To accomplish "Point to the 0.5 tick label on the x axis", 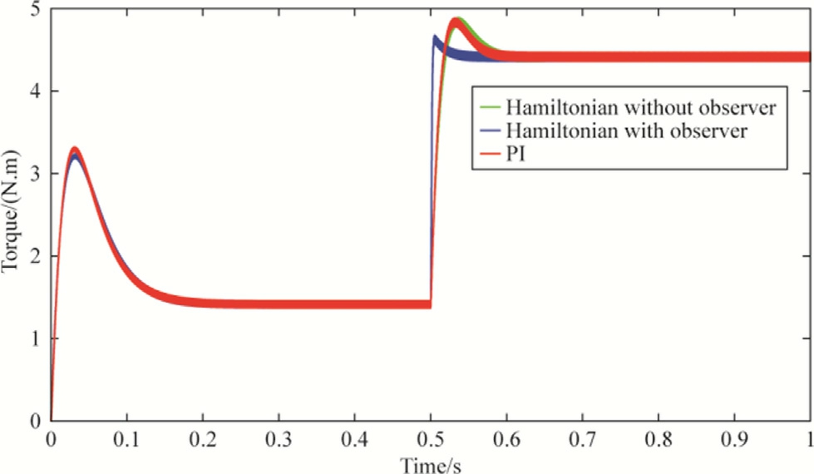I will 430,437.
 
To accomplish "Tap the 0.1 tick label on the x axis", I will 126,437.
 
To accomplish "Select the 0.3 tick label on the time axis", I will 279,437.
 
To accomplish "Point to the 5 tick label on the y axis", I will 35,11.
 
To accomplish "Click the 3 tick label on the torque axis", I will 35,174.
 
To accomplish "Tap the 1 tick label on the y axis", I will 35,338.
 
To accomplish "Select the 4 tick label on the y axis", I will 35,91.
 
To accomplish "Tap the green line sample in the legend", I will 489,108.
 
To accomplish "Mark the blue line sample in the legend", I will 489,131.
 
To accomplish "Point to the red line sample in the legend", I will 489,152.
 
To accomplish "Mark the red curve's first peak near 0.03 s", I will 75,151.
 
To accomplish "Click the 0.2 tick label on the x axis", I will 202,437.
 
